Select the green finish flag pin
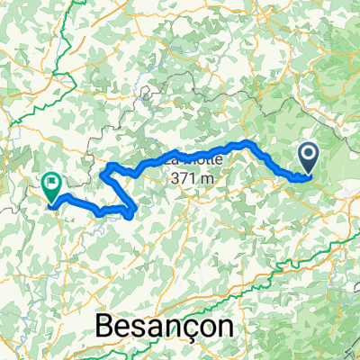click(50, 184)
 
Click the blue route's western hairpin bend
click(107, 172)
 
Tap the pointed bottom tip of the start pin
click(309, 173)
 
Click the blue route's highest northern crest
click(245, 143)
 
